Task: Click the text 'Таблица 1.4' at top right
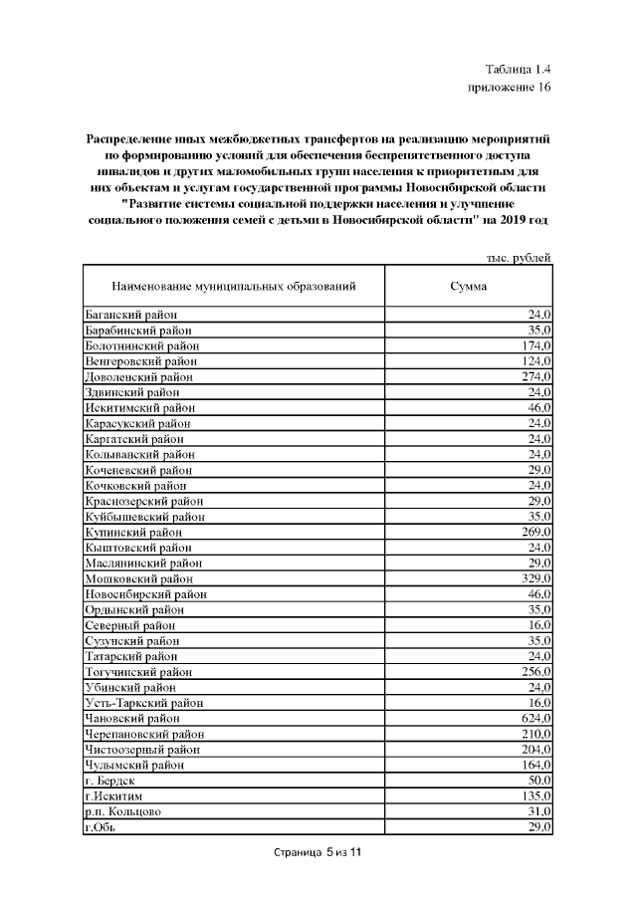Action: (518, 70)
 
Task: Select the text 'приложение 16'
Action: (509, 88)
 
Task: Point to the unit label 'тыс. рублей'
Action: (518, 258)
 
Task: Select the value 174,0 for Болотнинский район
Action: (534, 345)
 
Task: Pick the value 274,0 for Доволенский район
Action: (534, 377)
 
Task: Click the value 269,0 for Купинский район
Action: (534, 533)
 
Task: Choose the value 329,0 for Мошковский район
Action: (534, 578)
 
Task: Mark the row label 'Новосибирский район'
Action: (145, 594)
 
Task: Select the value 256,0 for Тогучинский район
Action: (534, 672)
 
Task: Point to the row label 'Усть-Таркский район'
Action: (144, 703)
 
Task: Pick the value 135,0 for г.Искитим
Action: (534, 796)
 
